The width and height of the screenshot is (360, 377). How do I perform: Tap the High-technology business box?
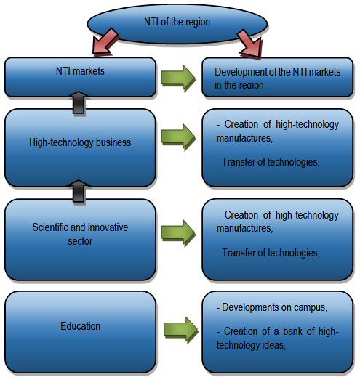(x=80, y=143)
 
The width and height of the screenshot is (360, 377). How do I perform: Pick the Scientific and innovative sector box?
(x=80, y=234)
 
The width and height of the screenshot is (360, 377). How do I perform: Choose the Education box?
(x=80, y=325)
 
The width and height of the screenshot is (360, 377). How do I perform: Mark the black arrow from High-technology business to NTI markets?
(x=80, y=102)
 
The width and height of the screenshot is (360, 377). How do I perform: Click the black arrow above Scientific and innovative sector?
(x=80, y=190)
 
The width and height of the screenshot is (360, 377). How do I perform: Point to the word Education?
(x=80, y=326)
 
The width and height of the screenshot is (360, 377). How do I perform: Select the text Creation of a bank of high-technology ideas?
(x=277, y=339)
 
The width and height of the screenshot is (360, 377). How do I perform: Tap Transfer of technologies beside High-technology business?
(x=268, y=162)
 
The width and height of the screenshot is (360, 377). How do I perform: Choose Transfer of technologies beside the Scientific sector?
(x=268, y=253)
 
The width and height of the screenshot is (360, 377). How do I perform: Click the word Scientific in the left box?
(x=52, y=227)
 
